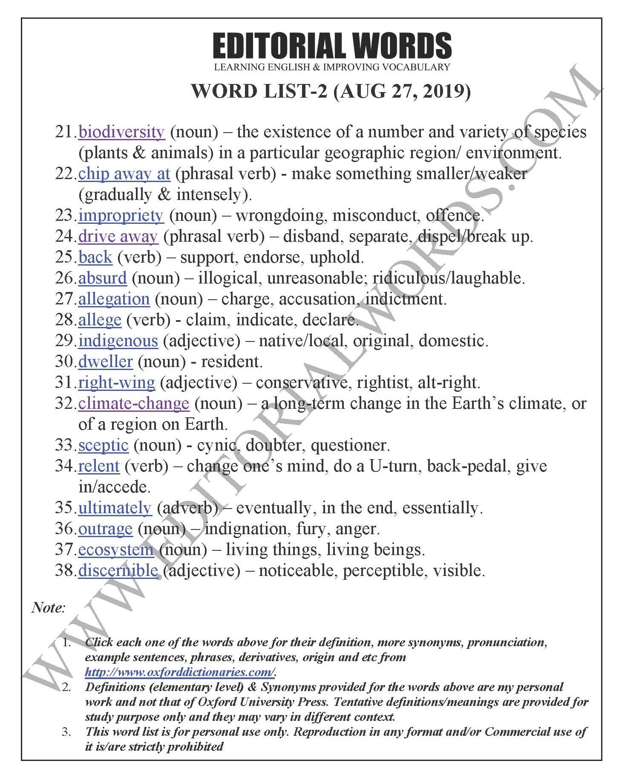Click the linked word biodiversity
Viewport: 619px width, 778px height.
click(x=121, y=132)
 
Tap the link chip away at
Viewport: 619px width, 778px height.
click(x=124, y=174)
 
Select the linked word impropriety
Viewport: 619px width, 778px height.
click(x=121, y=216)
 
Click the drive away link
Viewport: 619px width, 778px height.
click(x=118, y=237)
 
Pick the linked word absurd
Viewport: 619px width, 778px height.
click(x=102, y=278)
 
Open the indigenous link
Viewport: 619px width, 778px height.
click(x=118, y=341)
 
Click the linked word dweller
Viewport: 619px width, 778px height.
click(x=105, y=362)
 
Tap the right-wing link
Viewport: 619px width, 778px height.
click(x=116, y=383)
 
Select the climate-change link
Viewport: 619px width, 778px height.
click(x=133, y=403)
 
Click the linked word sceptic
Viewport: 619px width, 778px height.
click(x=103, y=445)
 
